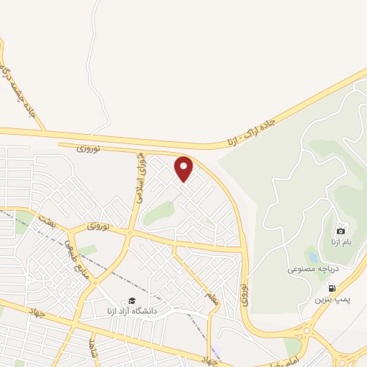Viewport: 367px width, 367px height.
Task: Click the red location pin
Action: [184, 168]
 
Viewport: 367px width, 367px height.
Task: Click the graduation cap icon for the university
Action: [131, 301]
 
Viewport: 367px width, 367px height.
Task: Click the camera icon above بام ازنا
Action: [340, 231]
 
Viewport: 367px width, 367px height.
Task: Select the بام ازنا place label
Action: [341, 242]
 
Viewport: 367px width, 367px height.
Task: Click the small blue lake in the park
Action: [312, 256]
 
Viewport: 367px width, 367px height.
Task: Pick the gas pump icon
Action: [331, 288]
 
